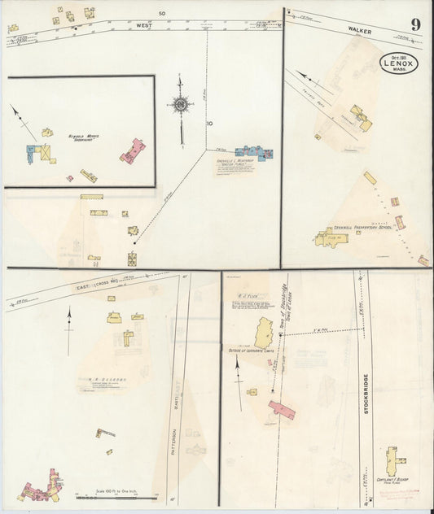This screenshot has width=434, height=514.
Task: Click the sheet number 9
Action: (x=416, y=24)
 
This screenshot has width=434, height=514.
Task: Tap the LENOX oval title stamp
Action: (x=400, y=63)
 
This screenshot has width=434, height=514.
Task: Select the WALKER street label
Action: (x=360, y=30)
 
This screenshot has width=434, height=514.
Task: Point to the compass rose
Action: (x=180, y=104)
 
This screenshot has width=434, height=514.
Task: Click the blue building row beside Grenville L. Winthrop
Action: (x=253, y=152)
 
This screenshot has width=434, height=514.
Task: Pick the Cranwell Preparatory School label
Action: (x=362, y=228)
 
